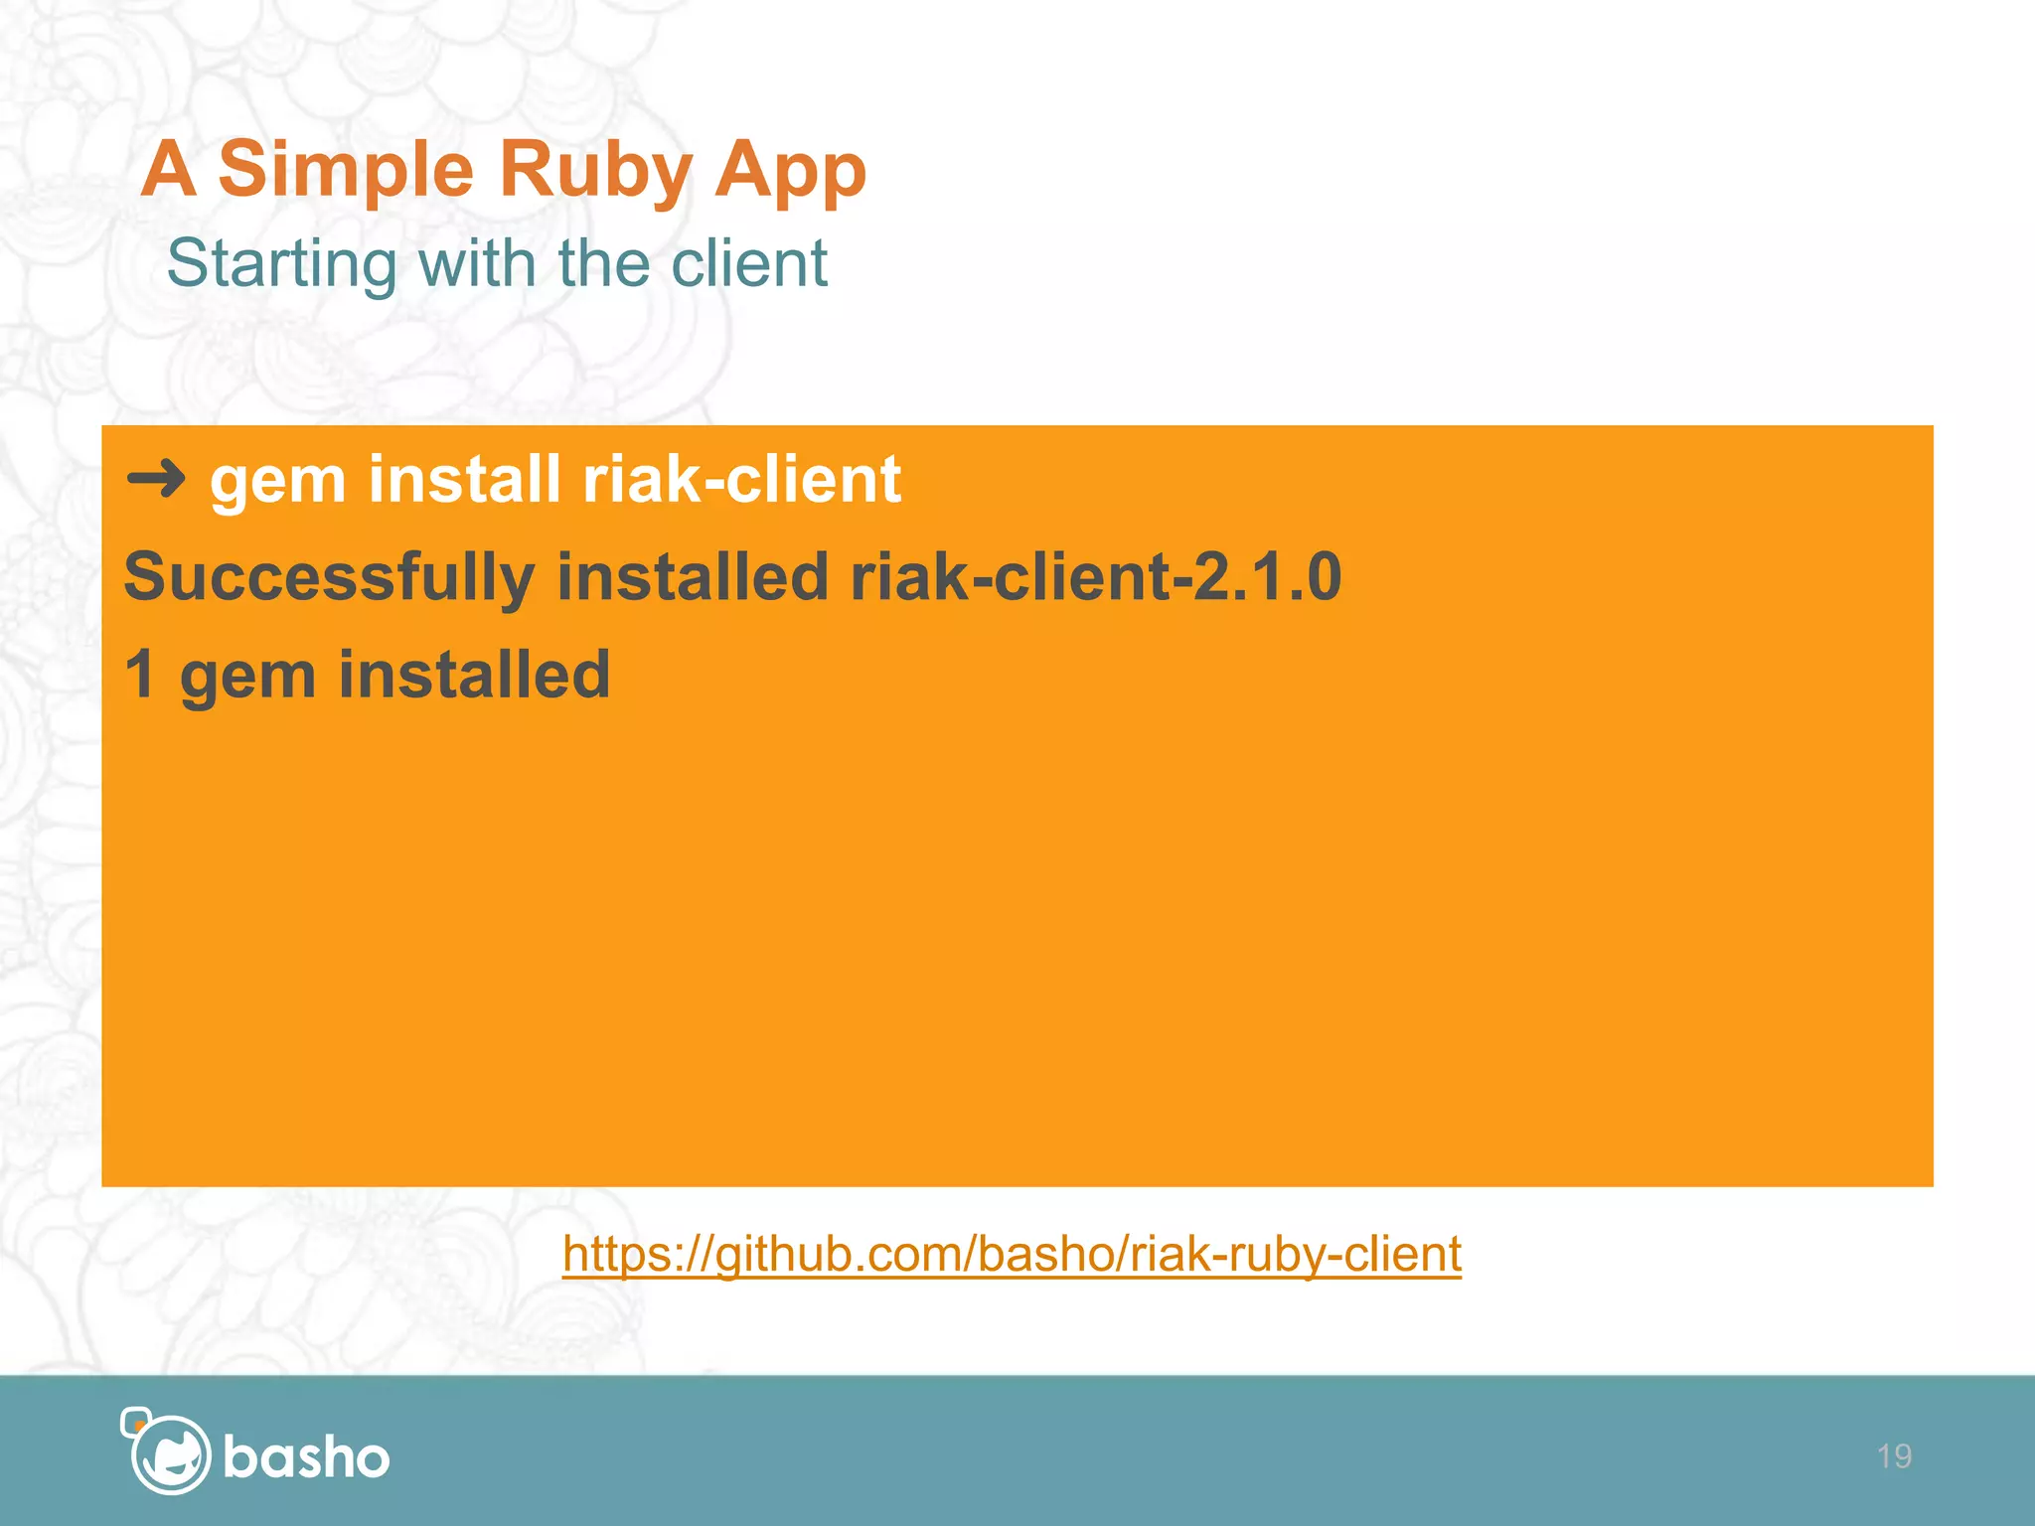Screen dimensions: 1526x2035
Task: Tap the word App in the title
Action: click(790, 171)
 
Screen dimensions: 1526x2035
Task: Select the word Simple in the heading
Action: click(345, 171)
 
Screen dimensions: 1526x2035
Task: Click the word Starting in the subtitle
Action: click(281, 264)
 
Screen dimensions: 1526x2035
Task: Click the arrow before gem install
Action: click(156, 480)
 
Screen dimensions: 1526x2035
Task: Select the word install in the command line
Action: click(463, 480)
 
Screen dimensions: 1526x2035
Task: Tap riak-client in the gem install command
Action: click(741, 480)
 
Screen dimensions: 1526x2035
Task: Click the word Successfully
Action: click(329, 577)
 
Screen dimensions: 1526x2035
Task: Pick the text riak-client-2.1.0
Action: click(1095, 577)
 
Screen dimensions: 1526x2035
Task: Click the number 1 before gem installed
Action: click(140, 675)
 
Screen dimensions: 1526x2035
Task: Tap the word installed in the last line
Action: click(474, 675)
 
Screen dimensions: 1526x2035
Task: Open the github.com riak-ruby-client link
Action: click(1012, 1254)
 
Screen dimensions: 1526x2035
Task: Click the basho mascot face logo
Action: click(167, 1451)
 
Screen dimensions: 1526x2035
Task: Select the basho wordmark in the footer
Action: click(306, 1458)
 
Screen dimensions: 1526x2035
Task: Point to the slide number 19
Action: click(1894, 1456)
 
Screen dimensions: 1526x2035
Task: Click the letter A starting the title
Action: click(169, 169)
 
